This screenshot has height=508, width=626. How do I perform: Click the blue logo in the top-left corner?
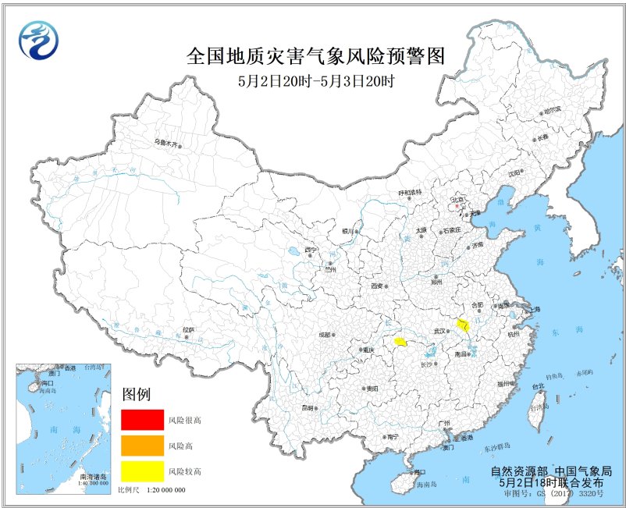tap(38, 40)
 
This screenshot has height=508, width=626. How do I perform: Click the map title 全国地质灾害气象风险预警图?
tap(316, 56)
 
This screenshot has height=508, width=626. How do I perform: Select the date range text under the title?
tap(316, 80)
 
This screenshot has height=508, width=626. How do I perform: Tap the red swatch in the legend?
tap(142, 420)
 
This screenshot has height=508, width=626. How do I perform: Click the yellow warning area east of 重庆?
tap(400, 342)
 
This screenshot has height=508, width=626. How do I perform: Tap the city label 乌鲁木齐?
tap(166, 143)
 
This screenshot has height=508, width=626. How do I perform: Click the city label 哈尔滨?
tap(552, 110)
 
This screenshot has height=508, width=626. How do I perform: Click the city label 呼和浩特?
tap(410, 192)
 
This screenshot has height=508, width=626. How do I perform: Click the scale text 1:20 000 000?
tap(162, 489)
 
